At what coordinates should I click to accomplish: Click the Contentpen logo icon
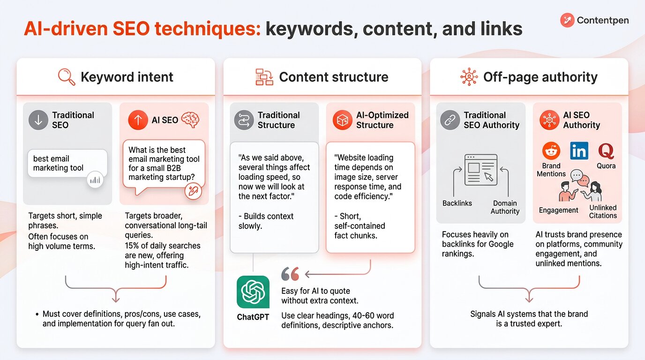tap(567, 20)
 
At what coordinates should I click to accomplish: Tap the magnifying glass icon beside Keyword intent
tap(67, 77)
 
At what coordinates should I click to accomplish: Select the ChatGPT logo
tap(253, 292)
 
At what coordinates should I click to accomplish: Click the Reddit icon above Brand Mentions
tap(551, 151)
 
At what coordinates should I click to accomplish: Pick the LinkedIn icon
tap(579, 151)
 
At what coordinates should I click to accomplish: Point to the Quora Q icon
tap(606, 151)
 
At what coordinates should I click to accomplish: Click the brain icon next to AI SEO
tap(190, 120)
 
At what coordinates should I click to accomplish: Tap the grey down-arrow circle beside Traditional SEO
tap(38, 120)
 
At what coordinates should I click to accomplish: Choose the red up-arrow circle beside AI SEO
tap(138, 120)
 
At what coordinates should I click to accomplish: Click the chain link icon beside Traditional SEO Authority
tap(450, 120)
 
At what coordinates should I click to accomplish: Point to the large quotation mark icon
tap(290, 274)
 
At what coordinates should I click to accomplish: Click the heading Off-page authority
tap(540, 77)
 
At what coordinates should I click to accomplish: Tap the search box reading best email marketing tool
tap(67, 163)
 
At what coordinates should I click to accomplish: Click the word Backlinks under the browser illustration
tap(457, 203)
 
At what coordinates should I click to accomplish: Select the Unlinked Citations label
tap(603, 211)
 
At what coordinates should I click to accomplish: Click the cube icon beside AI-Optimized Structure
tap(342, 120)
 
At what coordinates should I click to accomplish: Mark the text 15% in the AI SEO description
tap(133, 246)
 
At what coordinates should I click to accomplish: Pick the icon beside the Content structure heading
tap(264, 77)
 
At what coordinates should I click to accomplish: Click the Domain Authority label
tap(505, 207)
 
